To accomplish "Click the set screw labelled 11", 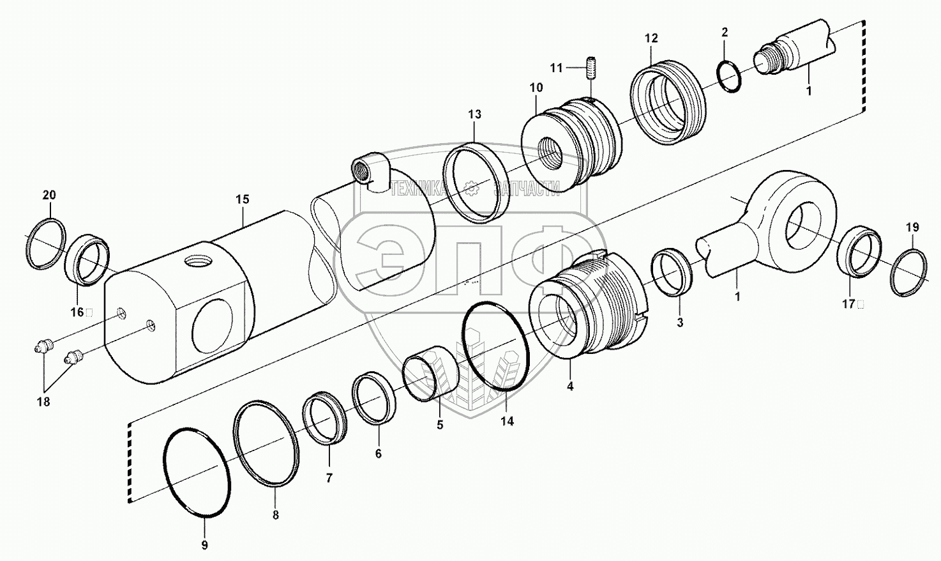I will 591,68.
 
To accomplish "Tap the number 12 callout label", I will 651,38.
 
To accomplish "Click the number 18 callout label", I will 44,402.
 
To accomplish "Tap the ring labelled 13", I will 476,182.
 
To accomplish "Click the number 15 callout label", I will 242,199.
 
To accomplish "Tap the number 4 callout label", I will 570,386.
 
